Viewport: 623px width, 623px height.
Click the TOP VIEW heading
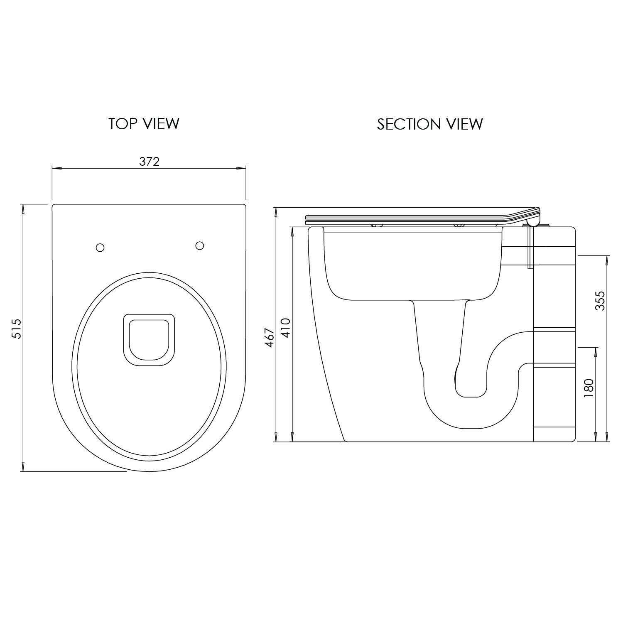click(144, 124)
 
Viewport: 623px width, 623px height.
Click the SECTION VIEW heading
click(430, 124)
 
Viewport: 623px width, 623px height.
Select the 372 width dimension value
click(149, 162)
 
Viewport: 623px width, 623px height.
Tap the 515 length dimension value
click(16, 329)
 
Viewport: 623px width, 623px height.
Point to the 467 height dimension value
click(270, 338)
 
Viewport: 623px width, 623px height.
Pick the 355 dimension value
click(600, 301)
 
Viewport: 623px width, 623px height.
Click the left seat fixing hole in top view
click(100, 248)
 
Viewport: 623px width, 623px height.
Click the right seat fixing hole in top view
click(199, 245)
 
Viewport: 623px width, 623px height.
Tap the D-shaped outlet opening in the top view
click(149, 340)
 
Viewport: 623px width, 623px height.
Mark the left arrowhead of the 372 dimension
click(57, 168)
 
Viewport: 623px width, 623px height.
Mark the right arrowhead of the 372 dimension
click(241, 168)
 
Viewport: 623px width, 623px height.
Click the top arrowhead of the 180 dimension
click(596, 352)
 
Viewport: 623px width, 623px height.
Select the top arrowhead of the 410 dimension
click(292, 232)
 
